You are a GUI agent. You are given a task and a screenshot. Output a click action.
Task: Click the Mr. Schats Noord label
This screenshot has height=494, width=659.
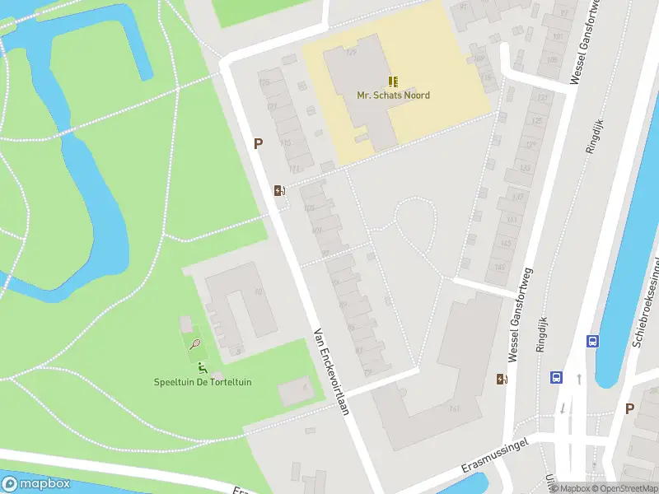pyautogui.click(x=393, y=96)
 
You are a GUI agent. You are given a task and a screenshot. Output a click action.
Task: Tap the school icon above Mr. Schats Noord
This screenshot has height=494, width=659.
pyautogui.click(x=393, y=81)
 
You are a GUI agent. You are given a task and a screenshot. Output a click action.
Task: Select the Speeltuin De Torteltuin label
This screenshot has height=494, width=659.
pyautogui.click(x=203, y=382)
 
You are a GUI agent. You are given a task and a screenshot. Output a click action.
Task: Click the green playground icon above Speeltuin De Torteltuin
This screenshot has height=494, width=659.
pyautogui.click(x=202, y=367)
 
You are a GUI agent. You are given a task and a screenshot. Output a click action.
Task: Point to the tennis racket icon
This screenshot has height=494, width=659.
pyautogui.click(x=195, y=344)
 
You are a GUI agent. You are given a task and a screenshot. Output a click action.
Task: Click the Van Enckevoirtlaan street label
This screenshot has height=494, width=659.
pyautogui.click(x=332, y=373)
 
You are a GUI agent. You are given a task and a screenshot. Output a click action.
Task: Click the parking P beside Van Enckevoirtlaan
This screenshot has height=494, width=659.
pyautogui.click(x=258, y=144)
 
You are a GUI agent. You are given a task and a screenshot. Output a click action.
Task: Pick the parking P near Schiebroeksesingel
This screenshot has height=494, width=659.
pyautogui.click(x=630, y=408)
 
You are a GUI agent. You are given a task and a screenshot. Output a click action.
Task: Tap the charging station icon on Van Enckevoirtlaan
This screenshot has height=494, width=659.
pyautogui.click(x=280, y=191)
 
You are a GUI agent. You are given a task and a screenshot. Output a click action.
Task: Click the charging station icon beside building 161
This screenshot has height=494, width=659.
pyautogui.click(x=501, y=379)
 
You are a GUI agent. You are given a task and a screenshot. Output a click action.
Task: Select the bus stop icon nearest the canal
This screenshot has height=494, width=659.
pyautogui.click(x=591, y=342)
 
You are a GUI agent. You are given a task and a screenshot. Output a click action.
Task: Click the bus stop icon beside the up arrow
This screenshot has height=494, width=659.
pyautogui.click(x=557, y=378)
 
